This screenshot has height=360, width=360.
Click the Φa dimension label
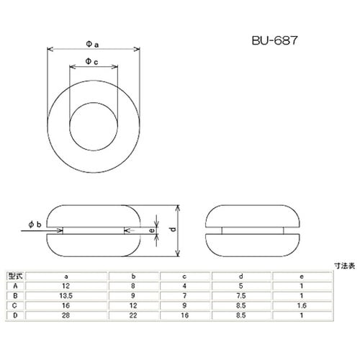(92, 43)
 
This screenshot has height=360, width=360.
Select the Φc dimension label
(92, 62)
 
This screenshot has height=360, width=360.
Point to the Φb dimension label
(35, 226)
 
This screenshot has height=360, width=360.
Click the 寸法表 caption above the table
(342, 266)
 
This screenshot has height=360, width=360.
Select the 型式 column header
(14, 276)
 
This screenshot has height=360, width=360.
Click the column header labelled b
(134, 276)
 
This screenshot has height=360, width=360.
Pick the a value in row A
(66, 285)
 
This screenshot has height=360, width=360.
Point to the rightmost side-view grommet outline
(253, 230)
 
